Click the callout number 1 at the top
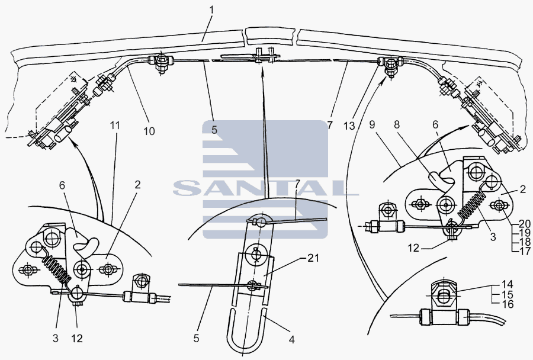tap(211, 9)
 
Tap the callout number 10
tap(149, 131)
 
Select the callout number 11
tap(115, 126)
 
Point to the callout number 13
tap(349, 126)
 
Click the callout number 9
tap(372, 124)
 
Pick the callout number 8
tap(397, 124)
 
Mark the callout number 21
tap(313, 258)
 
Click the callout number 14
tap(508, 284)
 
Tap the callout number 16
tap(508, 304)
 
